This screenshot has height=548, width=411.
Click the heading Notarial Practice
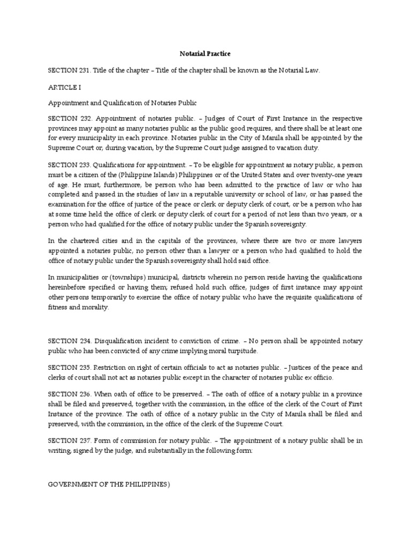tap(205, 54)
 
